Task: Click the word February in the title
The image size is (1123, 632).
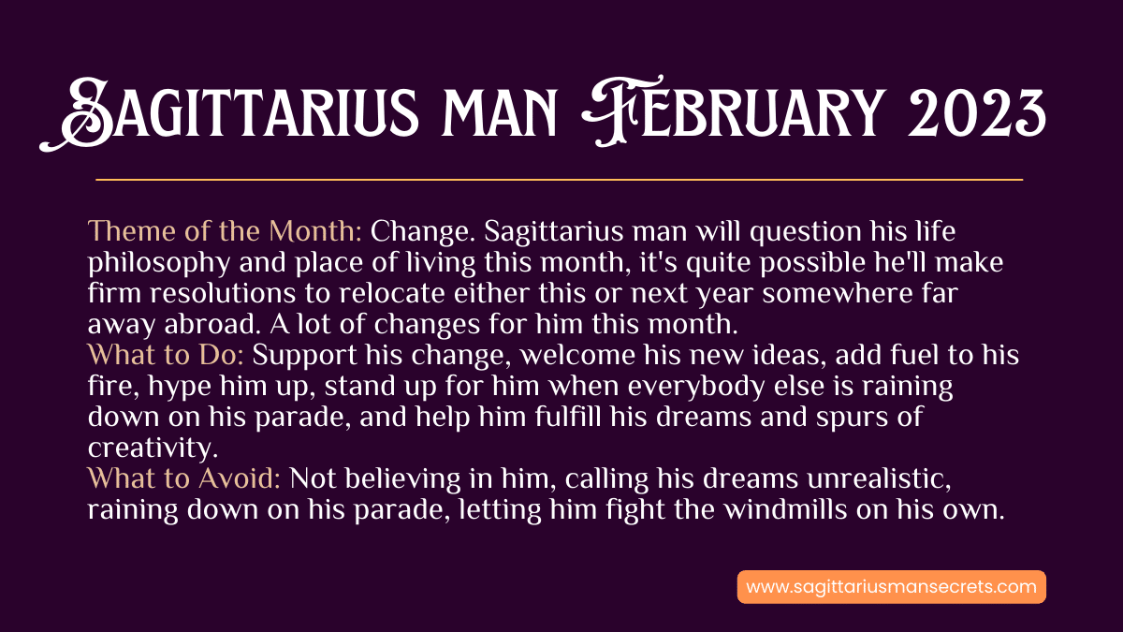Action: click(732, 111)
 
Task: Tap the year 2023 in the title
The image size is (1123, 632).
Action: click(977, 112)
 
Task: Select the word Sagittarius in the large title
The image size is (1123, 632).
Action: click(228, 113)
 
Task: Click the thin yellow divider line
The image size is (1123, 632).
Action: click(559, 179)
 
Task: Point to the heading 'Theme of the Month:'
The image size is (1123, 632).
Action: click(225, 231)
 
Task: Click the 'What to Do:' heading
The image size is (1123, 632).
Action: click(166, 355)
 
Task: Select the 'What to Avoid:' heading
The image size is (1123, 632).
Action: click(183, 478)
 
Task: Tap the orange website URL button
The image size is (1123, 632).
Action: click(891, 587)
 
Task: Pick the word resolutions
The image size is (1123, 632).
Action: click(223, 293)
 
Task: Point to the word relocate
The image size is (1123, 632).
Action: click(391, 293)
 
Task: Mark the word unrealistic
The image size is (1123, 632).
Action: click(879, 479)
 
